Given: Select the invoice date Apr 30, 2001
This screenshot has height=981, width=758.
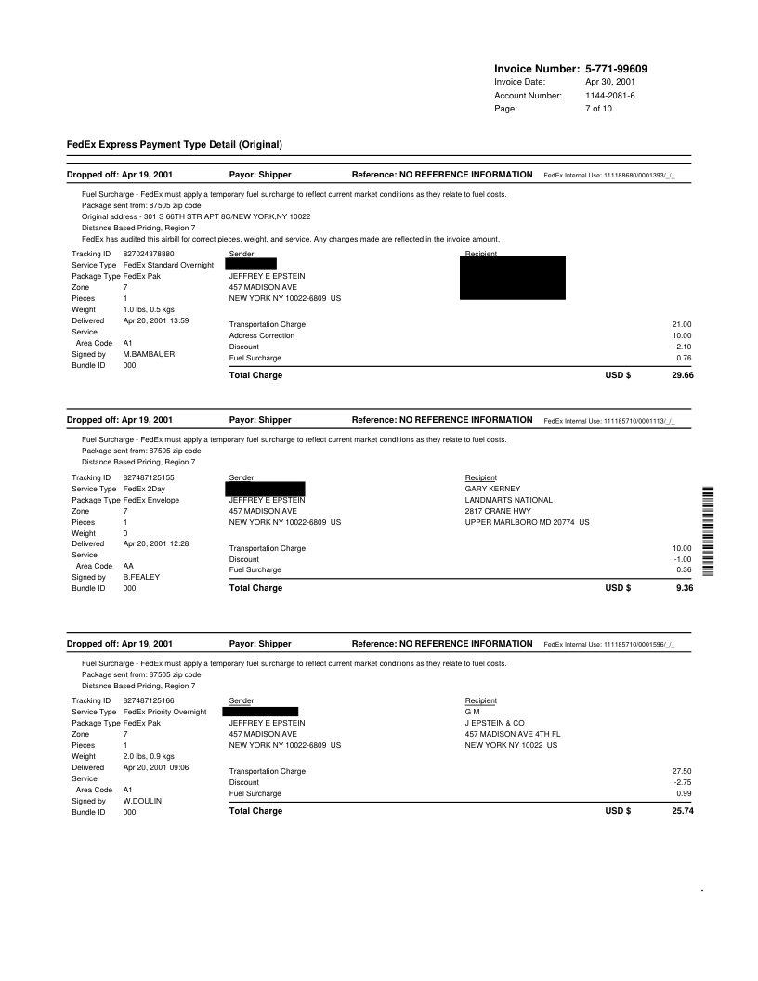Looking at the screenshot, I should [610, 82].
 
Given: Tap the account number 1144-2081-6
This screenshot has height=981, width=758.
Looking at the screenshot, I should [610, 96].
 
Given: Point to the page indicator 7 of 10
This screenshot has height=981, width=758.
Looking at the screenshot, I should [598, 109].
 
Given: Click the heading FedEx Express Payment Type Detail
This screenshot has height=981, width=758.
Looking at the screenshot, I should [174, 144].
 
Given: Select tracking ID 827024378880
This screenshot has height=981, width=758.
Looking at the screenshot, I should [149, 254].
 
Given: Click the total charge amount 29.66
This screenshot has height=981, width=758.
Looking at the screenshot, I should [682, 375].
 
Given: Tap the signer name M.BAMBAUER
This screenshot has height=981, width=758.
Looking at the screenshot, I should [150, 354].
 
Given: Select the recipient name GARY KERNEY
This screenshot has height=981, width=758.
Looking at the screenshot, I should [492, 489].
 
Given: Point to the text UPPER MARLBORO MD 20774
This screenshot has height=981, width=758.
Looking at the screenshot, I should [527, 522].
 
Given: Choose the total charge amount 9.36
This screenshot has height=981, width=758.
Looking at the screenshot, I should [686, 588].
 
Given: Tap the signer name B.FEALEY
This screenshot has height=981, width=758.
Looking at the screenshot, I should [141, 577].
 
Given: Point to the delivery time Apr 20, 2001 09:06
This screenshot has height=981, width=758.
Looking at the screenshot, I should [156, 767].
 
